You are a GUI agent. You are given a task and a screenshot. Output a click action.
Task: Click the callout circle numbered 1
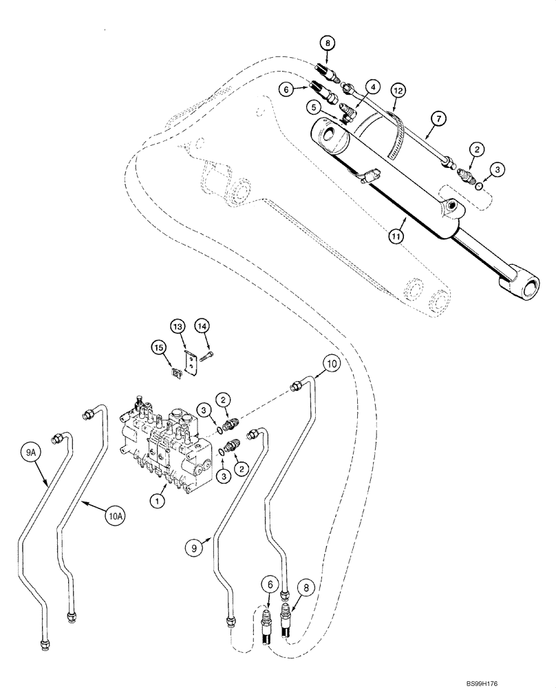(x=158, y=502)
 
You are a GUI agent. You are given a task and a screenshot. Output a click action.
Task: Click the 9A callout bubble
(x=30, y=453)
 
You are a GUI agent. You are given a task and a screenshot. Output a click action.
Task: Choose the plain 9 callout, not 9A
(x=194, y=548)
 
